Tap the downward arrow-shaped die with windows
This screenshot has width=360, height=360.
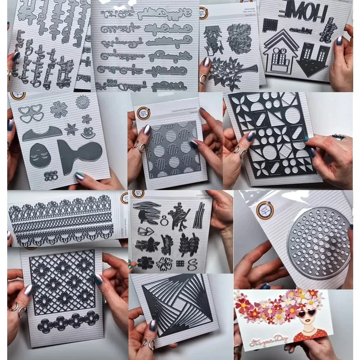click(312, 59)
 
